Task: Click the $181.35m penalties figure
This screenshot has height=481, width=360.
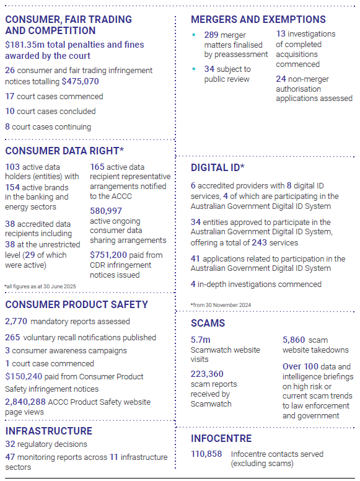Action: pos(25,45)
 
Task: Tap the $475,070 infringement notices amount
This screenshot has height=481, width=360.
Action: pos(81,81)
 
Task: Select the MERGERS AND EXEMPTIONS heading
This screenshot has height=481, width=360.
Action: pos(258,19)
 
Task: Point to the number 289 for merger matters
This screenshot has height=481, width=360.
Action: pos(211,35)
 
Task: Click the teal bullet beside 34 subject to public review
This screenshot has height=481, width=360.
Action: pos(194,69)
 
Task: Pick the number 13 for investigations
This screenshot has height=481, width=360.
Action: pos(281,33)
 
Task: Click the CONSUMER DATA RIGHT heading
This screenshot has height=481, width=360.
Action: pos(64,151)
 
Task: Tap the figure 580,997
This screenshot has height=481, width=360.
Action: pos(106,211)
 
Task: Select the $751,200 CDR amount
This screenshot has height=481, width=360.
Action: pos(108,255)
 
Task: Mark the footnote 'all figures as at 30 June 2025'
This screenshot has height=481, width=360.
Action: pos(40,286)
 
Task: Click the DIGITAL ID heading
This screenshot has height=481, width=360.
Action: pos(217,167)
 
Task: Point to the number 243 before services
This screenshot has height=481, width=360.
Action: pos(260,242)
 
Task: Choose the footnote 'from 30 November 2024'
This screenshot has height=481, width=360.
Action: pos(221,305)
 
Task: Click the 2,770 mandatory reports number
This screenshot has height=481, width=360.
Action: pos(16,321)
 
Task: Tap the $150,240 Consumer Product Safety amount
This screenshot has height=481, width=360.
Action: pos(24,376)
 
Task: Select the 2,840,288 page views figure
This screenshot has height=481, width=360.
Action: pos(25,402)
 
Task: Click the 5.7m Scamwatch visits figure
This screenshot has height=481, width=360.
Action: pos(201,340)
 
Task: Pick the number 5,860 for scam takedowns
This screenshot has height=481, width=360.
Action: pos(294,340)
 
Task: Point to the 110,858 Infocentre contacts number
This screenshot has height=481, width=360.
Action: pos(206,454)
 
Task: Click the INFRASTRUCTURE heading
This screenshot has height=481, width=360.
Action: pos(49,431)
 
